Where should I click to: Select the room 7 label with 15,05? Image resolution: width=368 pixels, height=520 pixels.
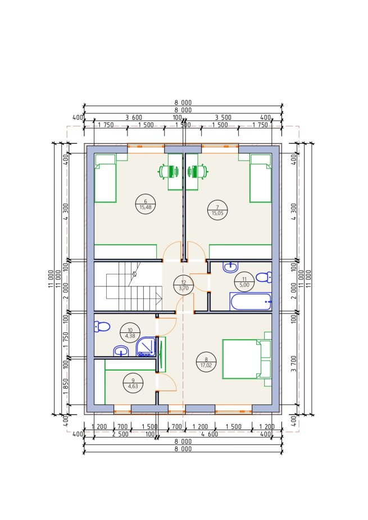(x=217, y=210)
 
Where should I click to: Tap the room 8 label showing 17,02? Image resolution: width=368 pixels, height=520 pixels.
(x=206, y=362)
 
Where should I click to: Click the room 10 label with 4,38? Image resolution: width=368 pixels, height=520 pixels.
(x=130, y=333)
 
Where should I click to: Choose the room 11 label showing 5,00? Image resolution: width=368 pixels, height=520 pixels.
(x=244, y=282)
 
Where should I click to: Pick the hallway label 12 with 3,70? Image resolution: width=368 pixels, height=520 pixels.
(x=184, y=285)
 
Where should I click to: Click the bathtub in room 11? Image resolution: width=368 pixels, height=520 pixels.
(x=251, y=301)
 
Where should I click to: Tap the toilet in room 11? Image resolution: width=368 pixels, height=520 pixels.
(x=264, y=277)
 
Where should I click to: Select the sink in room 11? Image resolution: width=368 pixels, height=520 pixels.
(x=230, y=267)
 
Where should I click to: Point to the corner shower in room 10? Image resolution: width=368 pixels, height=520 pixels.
(x=146, y=347)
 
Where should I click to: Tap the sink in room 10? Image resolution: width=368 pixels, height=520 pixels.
(x=121, y=351)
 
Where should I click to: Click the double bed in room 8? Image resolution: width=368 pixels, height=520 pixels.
(x=247, y=359)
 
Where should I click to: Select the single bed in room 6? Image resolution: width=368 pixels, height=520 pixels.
(x=105, y=178)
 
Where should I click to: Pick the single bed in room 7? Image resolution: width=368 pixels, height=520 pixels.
(x=261, y=178)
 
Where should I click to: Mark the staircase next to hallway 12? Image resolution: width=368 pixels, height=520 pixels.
(x=128, y=286)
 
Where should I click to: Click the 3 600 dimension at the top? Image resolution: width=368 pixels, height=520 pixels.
(x=134, y=117)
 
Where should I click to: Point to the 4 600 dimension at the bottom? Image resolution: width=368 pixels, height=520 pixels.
(x=210, y=434)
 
